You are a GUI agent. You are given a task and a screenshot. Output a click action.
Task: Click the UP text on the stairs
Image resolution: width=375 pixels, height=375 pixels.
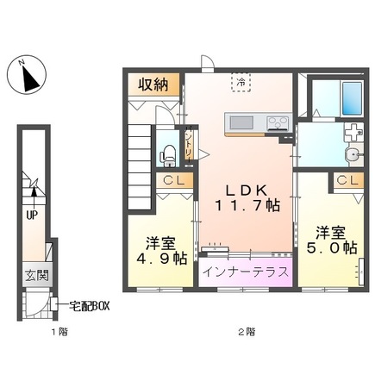(x=32, y=216)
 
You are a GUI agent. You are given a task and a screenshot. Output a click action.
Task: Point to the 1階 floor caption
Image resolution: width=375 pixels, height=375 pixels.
(x=36, y=332)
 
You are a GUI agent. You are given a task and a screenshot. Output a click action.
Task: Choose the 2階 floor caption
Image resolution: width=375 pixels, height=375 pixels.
(x=247, y=332)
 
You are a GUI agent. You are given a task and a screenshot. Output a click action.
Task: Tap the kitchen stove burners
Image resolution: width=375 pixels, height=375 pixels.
(x=278, y=122)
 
